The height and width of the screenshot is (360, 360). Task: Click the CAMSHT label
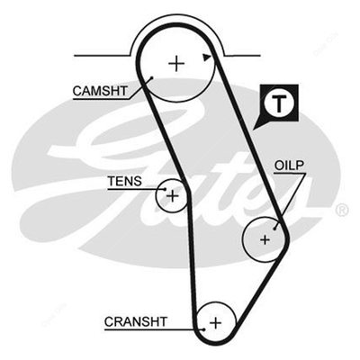(100, 91)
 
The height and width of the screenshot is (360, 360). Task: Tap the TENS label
(124, 181)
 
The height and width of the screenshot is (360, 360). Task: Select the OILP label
(289, 166)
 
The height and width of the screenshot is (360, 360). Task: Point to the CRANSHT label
(136, 322)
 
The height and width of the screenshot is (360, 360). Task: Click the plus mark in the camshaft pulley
(176, 64)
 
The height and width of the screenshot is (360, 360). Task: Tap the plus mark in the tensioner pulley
(173, 196)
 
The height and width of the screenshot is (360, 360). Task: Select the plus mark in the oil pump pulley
(265, 239)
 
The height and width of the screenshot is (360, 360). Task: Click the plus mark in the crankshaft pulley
(215, 323)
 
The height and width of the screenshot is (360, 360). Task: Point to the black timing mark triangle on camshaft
(206, 58)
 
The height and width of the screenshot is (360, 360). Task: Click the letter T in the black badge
(279, 103)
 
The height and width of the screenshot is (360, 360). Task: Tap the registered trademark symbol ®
(341, 210)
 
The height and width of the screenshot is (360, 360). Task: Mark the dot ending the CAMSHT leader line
(152, 77)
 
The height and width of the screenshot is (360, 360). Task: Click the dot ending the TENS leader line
(165, 189)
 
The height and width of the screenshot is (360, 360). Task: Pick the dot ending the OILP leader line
(274, 229)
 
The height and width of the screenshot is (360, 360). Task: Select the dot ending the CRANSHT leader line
(204, 329)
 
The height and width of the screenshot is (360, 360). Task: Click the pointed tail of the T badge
(254, 130)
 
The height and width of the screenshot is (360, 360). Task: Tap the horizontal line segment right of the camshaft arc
(243, 56)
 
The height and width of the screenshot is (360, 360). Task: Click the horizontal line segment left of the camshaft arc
(103, 56)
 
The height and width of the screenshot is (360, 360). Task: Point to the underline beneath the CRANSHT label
(154, 329)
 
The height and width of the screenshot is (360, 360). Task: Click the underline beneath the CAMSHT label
(101, 98)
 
